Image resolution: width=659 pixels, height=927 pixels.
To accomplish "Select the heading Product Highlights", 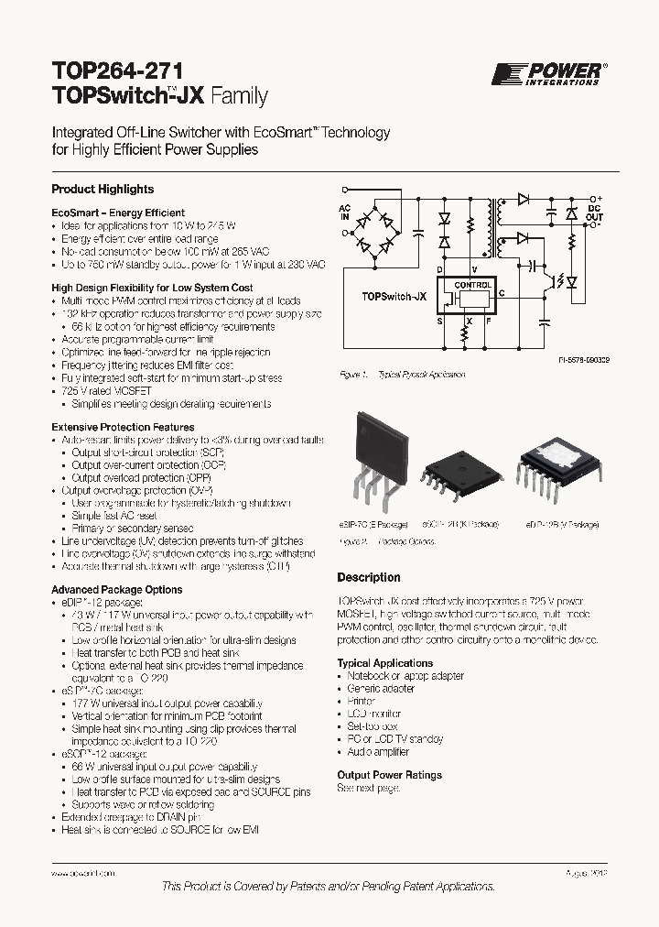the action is coord(103,190).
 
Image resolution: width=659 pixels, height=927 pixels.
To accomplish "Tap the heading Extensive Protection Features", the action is coord(123,427).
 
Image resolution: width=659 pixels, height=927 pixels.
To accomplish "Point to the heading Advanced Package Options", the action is coord(116,590).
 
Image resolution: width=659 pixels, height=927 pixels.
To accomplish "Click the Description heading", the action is coord(369,578).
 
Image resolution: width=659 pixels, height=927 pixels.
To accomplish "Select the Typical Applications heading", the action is coord(384,663).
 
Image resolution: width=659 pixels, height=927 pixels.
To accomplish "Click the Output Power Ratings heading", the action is coord(389,775).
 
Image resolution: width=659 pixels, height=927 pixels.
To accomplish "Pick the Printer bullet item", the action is coord(361,701).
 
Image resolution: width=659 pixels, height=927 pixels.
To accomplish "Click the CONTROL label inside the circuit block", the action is coord(473,285).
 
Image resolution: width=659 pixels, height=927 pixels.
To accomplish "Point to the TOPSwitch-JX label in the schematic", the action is coord(394,297).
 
